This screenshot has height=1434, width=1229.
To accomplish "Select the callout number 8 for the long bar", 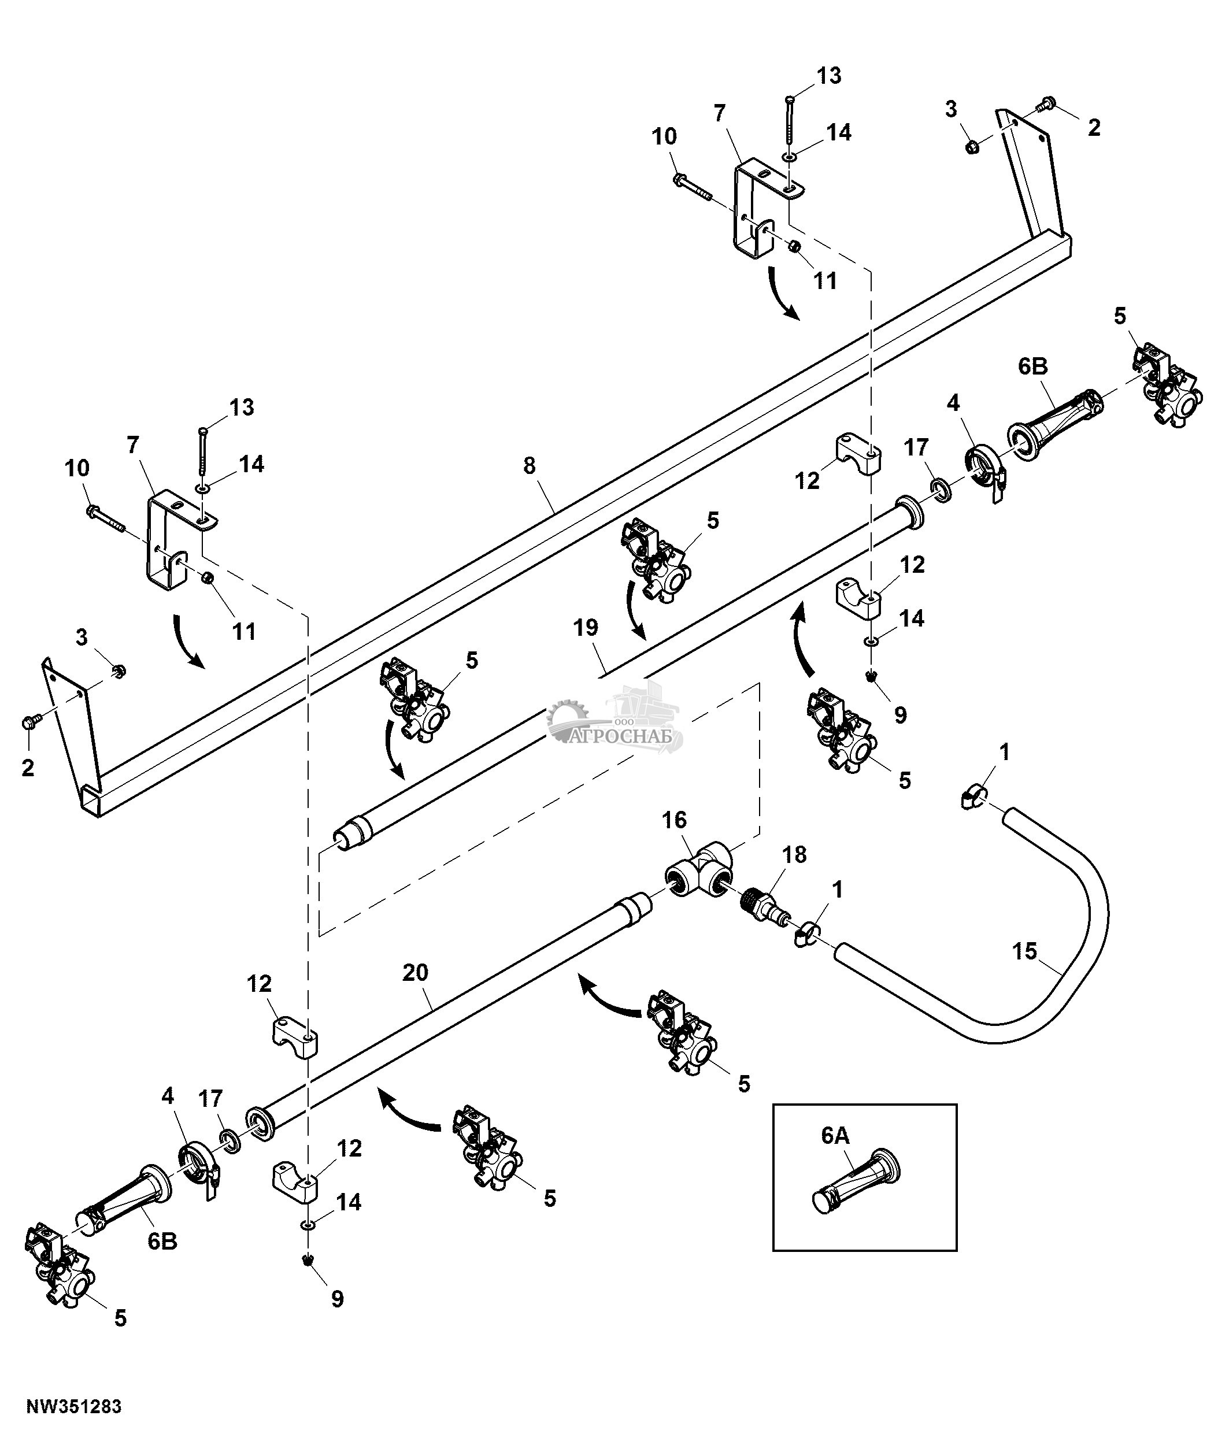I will tap(530, 466).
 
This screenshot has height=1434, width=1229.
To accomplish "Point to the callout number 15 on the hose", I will tap(1025, 951).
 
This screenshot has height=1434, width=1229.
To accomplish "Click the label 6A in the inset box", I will tap(835, 1136).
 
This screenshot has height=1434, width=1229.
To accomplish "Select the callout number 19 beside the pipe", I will tap(586, 628).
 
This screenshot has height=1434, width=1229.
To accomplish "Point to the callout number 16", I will tap(674, 820).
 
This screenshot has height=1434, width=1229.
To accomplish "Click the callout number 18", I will tap(794, 855).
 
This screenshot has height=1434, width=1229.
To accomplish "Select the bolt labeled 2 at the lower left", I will tap(31, 722).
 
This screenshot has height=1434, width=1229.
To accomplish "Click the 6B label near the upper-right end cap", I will tap(1032, 367).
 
